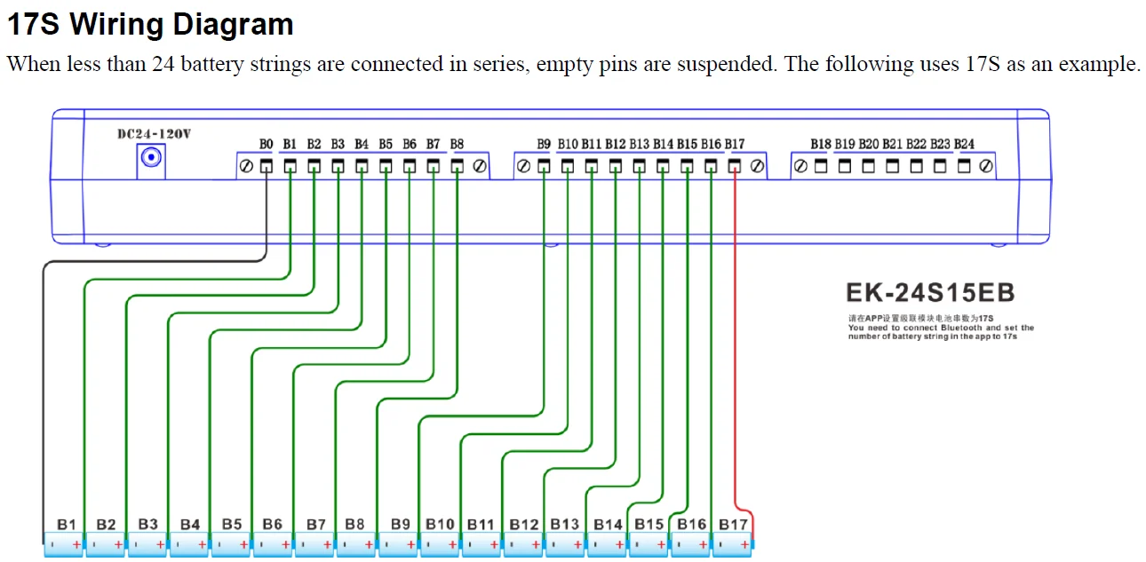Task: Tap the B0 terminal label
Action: click(x=267, y=144)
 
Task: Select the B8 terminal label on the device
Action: click(x=457, y=144)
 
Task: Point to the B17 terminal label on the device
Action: click(x=735, y=144)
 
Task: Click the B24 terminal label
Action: click(x=964, y=144)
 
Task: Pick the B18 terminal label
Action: click(x=821, y=144)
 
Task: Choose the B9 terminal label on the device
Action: click(x=544, y=144)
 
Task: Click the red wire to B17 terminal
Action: click(x=736, y=355)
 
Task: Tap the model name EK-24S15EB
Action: click(x=930, y=293)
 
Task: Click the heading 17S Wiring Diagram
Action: click(x=150, y=24)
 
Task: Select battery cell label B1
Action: click(x=67, y=525)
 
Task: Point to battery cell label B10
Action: click(x=440, y=525)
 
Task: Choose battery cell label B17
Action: click(x=733, y=525)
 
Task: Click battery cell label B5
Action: click(x=231, y=525)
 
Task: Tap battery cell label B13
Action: click(x=565, y=525)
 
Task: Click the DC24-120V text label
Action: click(x=154, y=134)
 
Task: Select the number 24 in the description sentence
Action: click(x=164, y=64)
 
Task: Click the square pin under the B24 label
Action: click(x=964, y=166)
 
